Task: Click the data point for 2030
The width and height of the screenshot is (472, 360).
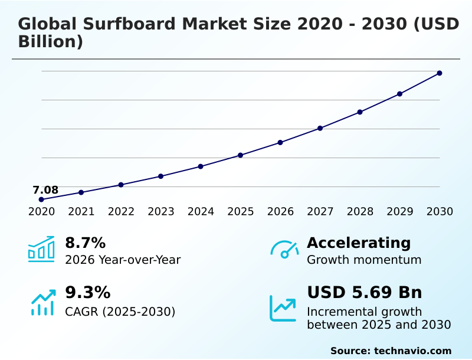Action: click(x=440, y=73)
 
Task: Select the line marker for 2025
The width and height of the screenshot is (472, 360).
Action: click(x=240, y=155)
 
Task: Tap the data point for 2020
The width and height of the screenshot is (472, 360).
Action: click(x=41, y=199)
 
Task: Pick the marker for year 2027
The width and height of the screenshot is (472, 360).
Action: click(x=320, y=128)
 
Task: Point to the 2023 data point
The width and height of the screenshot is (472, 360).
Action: click(x=160, y=176)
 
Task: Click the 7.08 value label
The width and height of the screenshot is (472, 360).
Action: click(x=45, y=190)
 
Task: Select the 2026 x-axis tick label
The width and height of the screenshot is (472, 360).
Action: click(x=280, y=212)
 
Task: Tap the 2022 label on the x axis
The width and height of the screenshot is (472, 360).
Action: click(x=121, y=212)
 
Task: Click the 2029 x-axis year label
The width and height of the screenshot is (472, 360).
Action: click(x=399, y=212)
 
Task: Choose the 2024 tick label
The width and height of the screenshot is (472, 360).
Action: click(x=201, y=212)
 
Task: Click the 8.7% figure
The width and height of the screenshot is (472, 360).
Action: click(x=85, y=243)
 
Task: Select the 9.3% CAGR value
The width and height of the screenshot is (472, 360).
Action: click(x=87, y=293)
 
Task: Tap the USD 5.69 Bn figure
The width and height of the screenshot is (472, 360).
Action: click(x=364, y=293)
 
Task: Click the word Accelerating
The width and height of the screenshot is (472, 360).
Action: click(x=359, y=243)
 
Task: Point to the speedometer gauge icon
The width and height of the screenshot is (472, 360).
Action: click(x=284, y=250)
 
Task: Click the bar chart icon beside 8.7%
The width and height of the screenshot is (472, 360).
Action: click(x=41, y=250)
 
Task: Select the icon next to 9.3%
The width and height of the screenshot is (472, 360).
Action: click(x=42, y=302)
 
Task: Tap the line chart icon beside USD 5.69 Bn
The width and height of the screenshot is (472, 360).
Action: click(x=283, y=308)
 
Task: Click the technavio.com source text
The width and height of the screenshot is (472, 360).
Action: click(x=412, y=351)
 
